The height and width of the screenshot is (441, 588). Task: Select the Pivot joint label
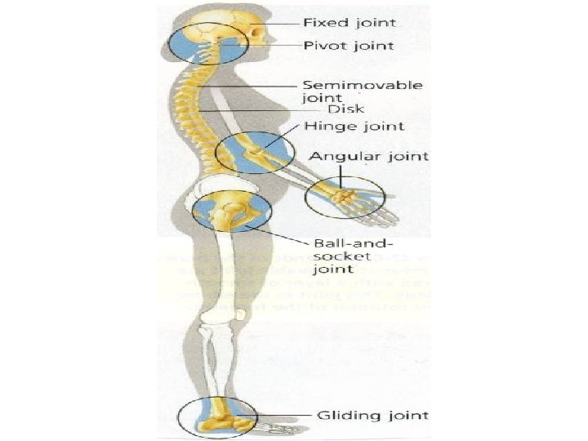click(x=349, y=45)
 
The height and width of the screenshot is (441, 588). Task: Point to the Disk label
click(x=345, y=109)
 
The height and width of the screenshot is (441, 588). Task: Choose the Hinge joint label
click(x=342, y=127)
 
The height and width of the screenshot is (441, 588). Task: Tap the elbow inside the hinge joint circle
click(x=258, y=152)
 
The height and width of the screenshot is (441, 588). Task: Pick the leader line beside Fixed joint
click(x=282, y=22)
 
